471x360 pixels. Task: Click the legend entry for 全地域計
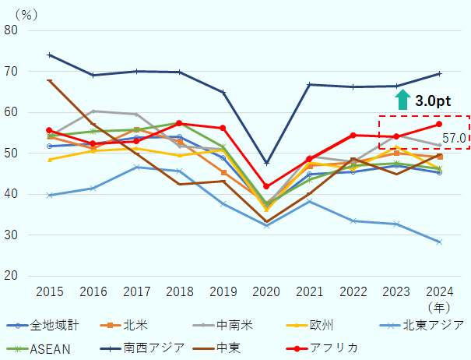coord(43,325)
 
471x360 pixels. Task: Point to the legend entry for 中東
coord(251,348)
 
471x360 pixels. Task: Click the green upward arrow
coord(402,99)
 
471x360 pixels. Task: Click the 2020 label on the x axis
coord(266,291)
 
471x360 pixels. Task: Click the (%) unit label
coord(26,13)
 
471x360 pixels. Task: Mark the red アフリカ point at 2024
coord(439,124)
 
